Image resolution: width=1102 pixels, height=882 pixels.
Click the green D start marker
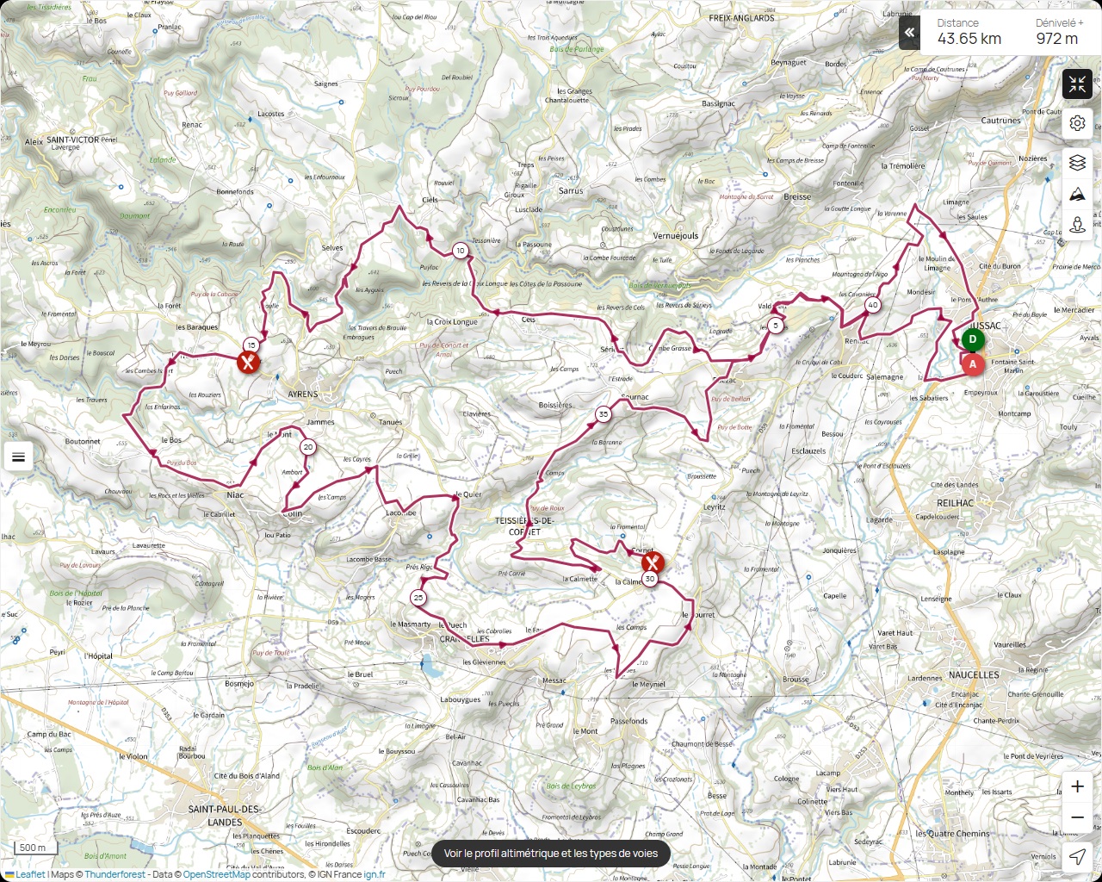973,339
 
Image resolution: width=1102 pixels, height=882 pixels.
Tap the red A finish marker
973,364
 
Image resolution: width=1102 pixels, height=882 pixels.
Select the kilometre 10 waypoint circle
461,251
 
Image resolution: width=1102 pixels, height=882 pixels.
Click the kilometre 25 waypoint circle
418,598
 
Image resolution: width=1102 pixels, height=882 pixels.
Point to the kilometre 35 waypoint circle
603,414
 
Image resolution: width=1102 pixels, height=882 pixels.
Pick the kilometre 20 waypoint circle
307,447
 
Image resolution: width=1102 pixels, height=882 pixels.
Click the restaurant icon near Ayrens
248,362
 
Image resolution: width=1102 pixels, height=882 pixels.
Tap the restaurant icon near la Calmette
652,563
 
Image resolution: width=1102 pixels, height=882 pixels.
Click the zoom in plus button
1077,786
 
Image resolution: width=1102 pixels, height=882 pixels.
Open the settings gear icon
1077,123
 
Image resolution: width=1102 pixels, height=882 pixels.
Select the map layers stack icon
1077,163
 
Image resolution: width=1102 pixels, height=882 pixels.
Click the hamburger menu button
18,457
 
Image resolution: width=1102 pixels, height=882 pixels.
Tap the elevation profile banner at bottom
550,854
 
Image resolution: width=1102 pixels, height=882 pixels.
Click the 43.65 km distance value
969,39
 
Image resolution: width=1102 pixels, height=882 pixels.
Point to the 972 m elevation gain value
1056,39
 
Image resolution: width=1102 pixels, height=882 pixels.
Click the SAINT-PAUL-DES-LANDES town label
225,816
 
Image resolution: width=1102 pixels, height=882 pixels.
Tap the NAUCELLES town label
974,675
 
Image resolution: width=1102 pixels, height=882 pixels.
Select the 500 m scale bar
33,848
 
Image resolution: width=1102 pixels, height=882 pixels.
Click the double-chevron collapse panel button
909,33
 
